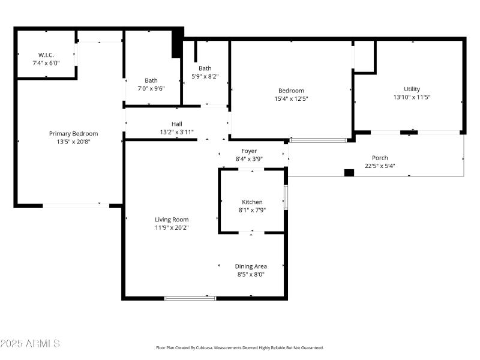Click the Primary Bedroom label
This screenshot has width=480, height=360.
tap(73, 134)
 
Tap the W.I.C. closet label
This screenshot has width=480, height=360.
tap(46, 55)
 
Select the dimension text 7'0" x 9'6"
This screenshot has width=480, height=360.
tap(151, 89)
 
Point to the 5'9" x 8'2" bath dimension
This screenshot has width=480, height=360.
tap(205, 77)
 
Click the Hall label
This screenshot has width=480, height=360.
tap(176, 124)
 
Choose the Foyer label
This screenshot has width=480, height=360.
tap(249, 151)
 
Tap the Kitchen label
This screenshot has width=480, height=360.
tap(252, 202)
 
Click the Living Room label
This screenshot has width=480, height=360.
tap(172, 220)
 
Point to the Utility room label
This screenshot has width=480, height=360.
tap(412, 89)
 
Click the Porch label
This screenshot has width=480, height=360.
tap(380, 158)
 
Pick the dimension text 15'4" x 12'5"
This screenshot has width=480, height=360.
tap(291, 99)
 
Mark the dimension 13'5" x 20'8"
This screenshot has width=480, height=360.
tap(73, 142)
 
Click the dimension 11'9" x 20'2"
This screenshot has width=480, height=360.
tap(172, 228)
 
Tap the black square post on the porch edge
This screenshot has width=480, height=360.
tap(349, 173)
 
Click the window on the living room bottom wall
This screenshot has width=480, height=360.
tap(190, 298)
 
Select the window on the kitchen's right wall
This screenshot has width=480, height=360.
tap(286, 197)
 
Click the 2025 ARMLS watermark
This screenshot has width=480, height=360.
tap(30, 344)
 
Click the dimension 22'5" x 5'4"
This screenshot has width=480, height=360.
tap(380, 166)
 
